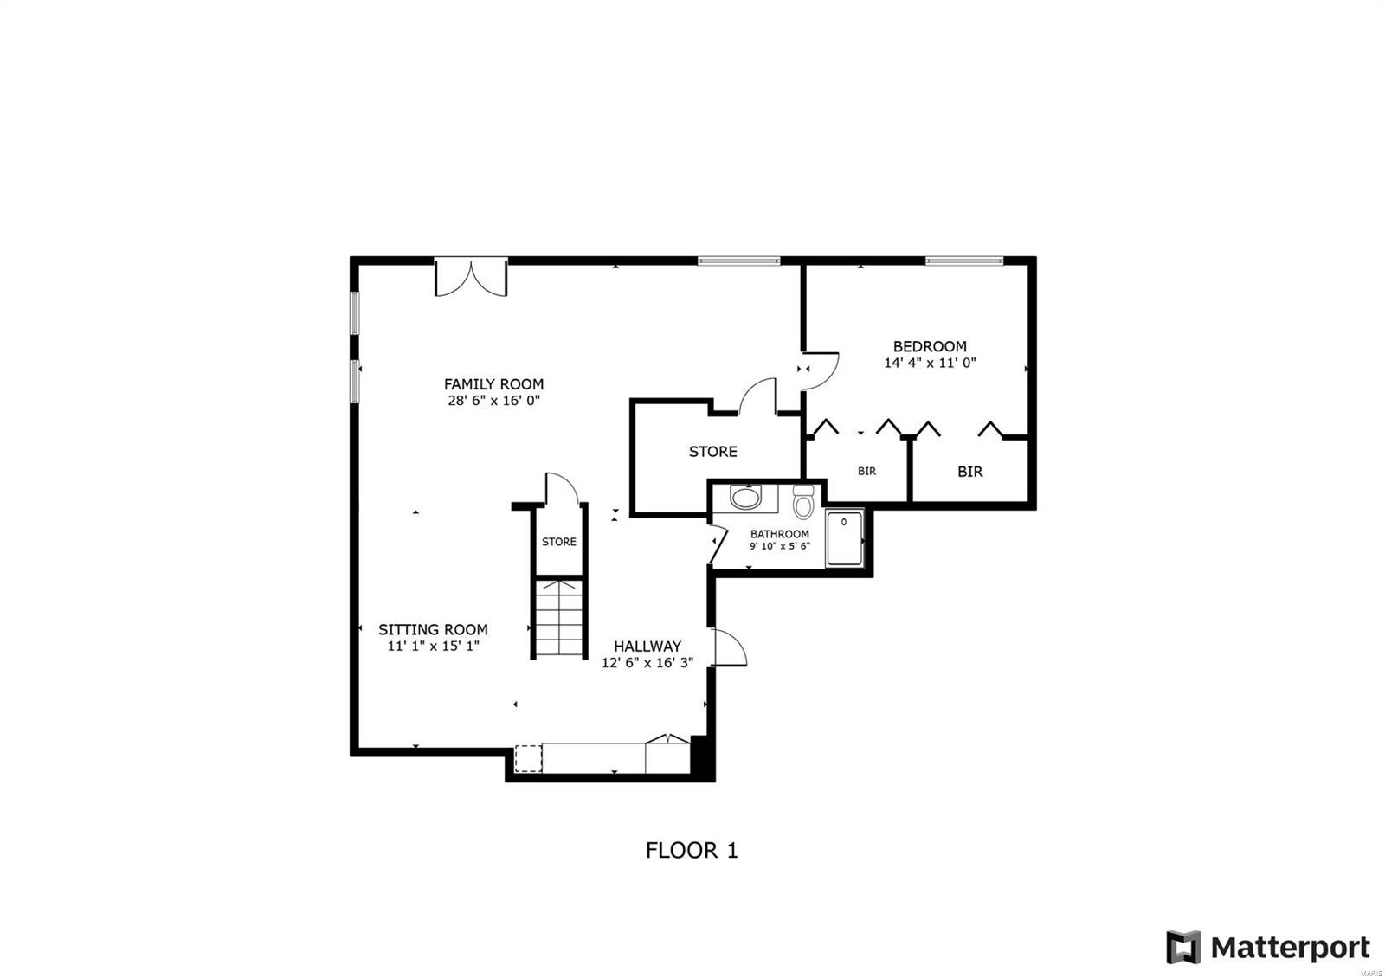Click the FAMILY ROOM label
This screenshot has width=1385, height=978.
pos(493,383)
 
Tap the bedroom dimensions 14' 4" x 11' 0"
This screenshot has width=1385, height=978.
pos(930,364)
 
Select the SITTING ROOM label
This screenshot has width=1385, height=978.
pos(433,629)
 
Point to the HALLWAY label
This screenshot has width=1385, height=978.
pos(647,646)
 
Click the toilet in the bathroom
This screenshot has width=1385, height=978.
pos(803,501)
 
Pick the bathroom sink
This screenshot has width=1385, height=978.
pos(744,498)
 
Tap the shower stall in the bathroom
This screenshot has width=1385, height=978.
pos(844,538)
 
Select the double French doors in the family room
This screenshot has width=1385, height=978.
pos(470,277)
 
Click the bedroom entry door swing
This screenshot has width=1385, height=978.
pos(821,366)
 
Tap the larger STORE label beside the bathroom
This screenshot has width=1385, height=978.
pos(713,451)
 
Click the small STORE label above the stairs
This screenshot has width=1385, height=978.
pos(559,542)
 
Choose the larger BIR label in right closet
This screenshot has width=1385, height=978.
pos(969,472)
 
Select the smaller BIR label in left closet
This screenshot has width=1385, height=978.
pos(866,472)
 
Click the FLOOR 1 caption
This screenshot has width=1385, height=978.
pos(692,850)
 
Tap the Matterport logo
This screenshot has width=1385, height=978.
pos(1268,948)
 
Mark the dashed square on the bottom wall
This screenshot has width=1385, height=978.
pos(528,758)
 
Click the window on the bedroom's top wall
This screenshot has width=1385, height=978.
pos(963,261)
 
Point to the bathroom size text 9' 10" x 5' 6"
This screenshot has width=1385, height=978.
pos(779,546)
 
